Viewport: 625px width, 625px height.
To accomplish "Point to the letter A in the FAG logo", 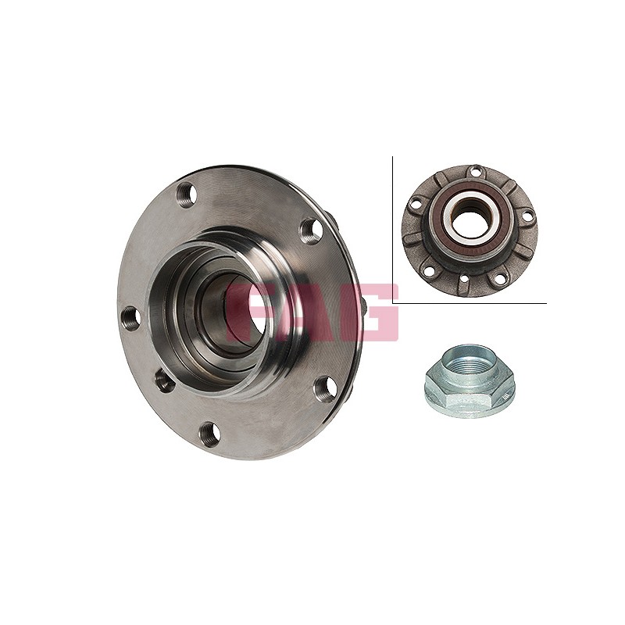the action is [x=313, y=312].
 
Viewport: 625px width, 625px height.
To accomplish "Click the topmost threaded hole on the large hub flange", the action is [x=187, y=196].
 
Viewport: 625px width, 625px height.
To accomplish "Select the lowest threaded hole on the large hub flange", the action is [x=209, y=434].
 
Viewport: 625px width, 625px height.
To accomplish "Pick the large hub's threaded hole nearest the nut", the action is [x=324, y=388].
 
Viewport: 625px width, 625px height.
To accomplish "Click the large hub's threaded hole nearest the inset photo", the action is [x=310, y=230].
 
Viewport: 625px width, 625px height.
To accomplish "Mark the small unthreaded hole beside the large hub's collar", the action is [x=164, y=380].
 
